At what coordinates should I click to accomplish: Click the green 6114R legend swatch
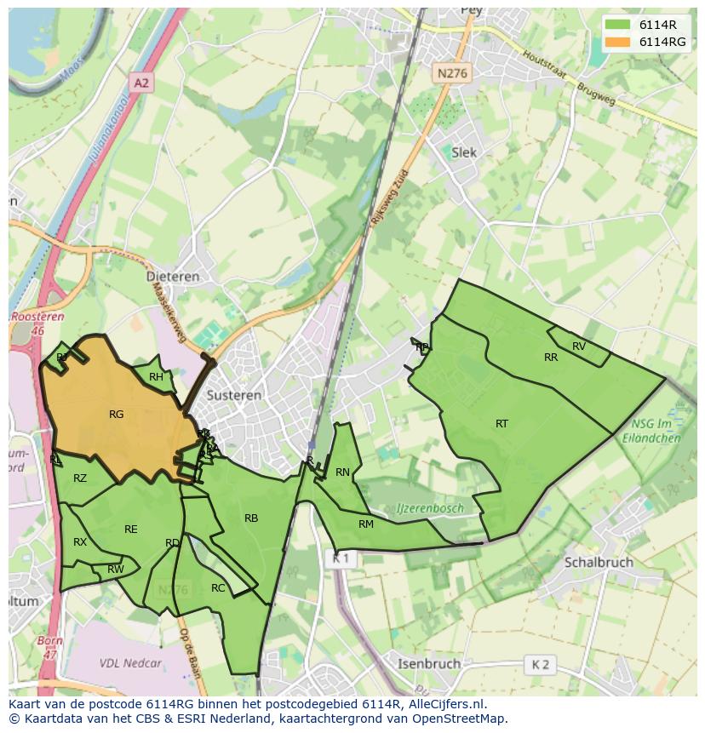tap(618, 25)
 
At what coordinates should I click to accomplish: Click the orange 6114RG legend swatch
tap(618, 42)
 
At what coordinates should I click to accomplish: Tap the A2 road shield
tap(141, 83)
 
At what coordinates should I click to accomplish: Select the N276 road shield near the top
tap(451, 74)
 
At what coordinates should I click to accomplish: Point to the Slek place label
tap(465, 152)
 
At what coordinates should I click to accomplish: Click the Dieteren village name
tap(173, 277)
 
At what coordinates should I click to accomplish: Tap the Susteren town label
tap(234, 396)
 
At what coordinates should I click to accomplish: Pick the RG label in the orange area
tap(117, 415)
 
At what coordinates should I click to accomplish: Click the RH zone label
tap(156, 377)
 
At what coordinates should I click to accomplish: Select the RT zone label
tap(502, 423)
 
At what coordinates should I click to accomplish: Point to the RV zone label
tap(579, 346)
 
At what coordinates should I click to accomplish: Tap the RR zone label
tap(551, 358)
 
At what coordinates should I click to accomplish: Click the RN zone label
tap(342, 472)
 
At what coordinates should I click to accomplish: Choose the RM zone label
tap(366, 524)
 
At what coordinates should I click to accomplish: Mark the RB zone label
tap(251, 518)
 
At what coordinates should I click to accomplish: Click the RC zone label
tap(218, 588)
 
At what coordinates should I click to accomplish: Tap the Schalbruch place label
tap(599, 563)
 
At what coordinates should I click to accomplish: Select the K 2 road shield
tap(541, 664)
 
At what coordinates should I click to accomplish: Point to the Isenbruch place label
tap(429, 663)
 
